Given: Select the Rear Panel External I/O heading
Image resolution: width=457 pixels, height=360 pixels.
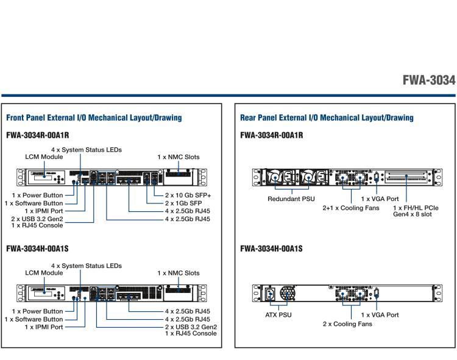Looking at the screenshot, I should (327, 118).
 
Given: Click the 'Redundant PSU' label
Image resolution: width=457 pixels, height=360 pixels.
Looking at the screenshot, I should (290, 199).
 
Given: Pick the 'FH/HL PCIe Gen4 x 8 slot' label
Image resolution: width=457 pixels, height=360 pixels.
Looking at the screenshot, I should (414, 211).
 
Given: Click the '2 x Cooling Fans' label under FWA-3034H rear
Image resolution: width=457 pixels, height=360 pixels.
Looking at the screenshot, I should (347, 323).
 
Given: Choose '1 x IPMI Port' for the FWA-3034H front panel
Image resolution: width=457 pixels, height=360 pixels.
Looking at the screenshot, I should (39, 327).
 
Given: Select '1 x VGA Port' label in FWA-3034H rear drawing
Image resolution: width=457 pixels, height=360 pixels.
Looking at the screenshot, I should (380, 315).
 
